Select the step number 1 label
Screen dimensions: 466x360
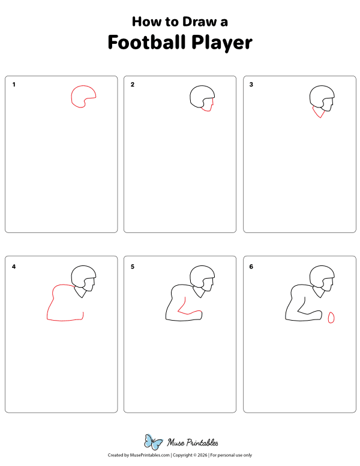pos(14,85)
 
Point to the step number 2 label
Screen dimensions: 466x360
pos(133,85)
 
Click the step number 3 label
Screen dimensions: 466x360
pos(251,85)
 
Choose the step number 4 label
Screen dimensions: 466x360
pos(14,266)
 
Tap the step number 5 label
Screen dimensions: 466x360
pos(133,266)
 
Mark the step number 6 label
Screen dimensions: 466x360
pos(251,266)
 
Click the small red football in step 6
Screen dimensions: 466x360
pos(331,318)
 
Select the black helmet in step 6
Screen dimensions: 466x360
pos(322,274)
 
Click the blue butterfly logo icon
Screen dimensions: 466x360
pos(154,442)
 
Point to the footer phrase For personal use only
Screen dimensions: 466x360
pos(230,456)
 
